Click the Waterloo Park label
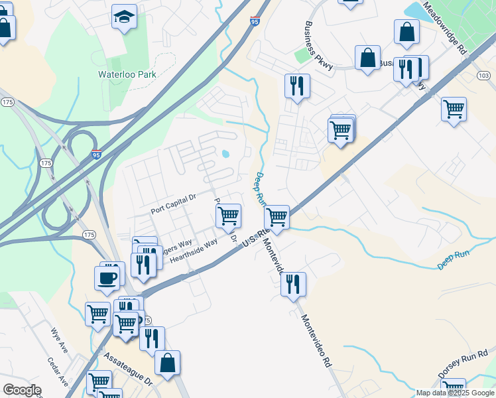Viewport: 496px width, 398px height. point(127,74)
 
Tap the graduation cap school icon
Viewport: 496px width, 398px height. point(123,17)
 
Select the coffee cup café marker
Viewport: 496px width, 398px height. point(107,277)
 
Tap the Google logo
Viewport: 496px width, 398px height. point(22,390)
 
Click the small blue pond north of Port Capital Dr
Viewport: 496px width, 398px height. point(225,155)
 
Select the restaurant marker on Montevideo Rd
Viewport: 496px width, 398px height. point(293,284)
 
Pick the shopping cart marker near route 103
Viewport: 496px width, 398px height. point(454,109)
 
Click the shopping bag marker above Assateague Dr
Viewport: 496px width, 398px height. point(167,362)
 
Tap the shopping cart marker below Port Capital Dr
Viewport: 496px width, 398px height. point(228,215)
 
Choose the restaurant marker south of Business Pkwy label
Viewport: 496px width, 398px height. point(296,86)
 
